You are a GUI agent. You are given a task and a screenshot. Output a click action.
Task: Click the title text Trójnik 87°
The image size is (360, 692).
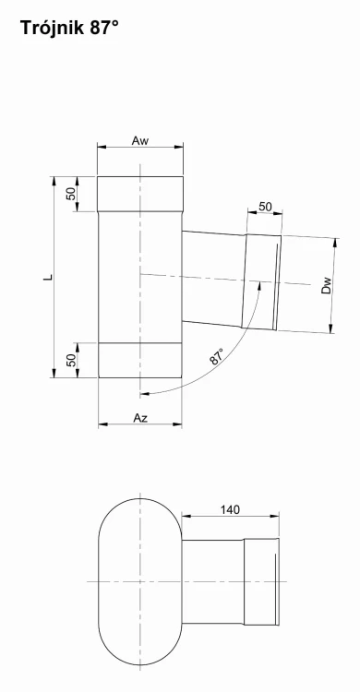(x=69, y=28)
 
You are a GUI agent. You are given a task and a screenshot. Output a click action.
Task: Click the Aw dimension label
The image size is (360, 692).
(x=140, y=141)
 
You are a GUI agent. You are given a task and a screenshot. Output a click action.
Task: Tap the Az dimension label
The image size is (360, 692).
(x=140, y=418)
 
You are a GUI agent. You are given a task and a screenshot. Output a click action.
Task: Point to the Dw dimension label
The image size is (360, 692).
(x=327, y=285)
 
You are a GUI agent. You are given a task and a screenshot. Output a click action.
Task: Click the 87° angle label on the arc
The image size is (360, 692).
(x=217, y=356)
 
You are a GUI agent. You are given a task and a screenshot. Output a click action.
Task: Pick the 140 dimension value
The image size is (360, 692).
(x=230, y=509)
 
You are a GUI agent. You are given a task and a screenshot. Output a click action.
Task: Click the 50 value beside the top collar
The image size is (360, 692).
(x=71, y=194)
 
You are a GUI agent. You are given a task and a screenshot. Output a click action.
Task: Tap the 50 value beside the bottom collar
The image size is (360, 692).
(x=71, y=360)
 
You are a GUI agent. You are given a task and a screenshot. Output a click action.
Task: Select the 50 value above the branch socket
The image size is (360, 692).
(x=265, y=207)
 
